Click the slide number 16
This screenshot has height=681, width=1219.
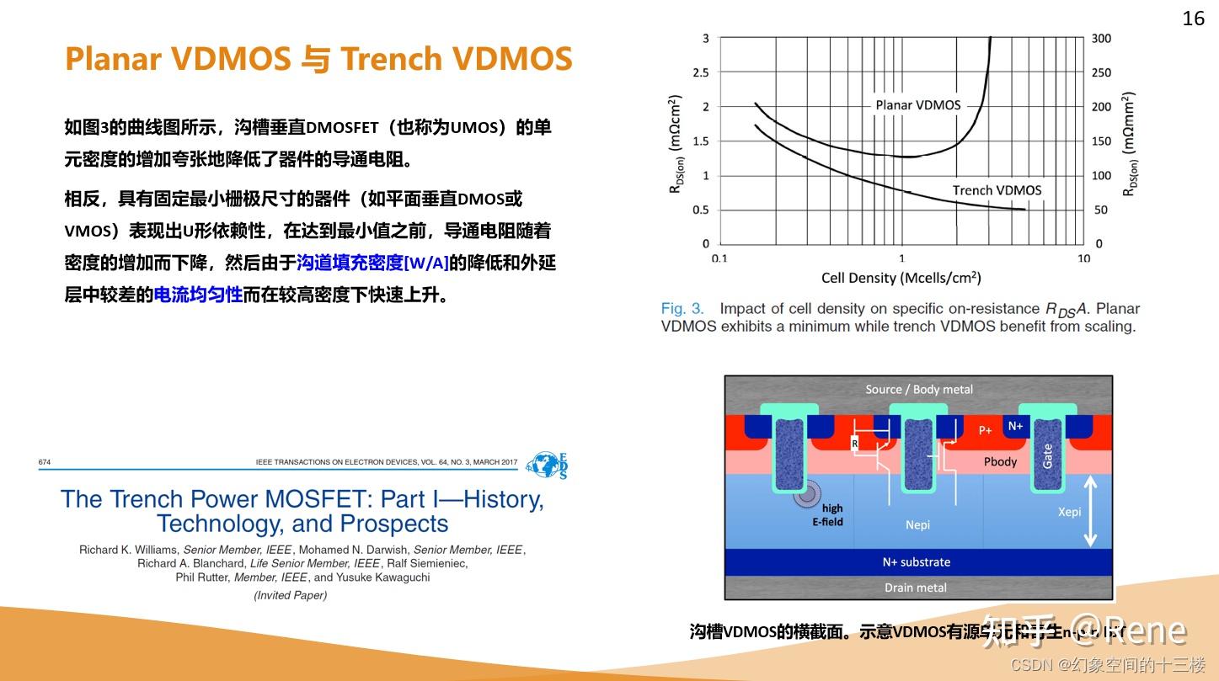coord(1193,19)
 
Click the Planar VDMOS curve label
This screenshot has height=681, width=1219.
coord(917,105)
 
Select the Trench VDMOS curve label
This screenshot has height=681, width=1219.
coord(997,190)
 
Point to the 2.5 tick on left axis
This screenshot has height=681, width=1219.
coord(700,72)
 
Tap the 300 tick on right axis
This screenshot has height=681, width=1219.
coord(1101,39)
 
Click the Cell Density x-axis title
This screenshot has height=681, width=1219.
coord(901,278)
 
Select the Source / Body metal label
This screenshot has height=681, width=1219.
coord(918,389)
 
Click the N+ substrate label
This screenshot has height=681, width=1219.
coord(916,561)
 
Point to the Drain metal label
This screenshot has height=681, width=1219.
coord(915,588)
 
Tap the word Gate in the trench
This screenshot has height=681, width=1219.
coord(1048,457)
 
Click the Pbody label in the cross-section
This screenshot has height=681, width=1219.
coord(1000,461)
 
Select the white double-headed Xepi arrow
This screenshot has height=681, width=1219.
coord(1090,511)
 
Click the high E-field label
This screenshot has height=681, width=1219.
coord(829,514)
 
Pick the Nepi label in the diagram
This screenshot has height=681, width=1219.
coord(917,524)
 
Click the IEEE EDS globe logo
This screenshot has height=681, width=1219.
coord(547,465)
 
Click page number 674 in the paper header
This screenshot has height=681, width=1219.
coord(45,462)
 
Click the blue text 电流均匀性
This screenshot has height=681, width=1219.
coord(198,295)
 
